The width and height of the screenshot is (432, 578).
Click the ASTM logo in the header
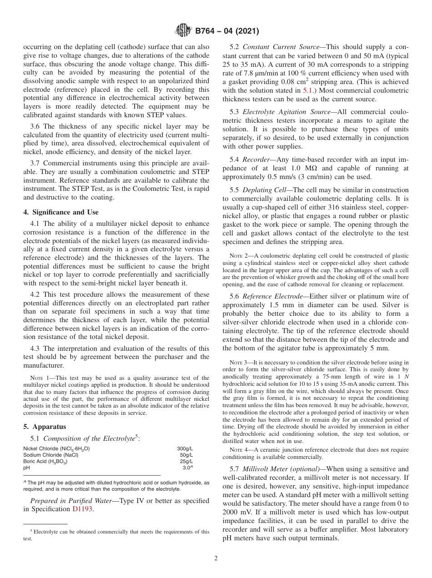pos(183,31)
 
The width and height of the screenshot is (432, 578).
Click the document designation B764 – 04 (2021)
pos(227,31)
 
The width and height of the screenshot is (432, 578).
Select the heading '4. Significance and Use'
pos(60,212)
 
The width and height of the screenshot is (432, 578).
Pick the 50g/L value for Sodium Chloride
pos(186,455)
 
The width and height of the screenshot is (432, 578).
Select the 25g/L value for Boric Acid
pos(186,461)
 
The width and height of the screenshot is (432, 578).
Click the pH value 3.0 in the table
pos(187,468)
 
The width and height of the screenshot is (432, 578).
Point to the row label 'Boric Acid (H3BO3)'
pos(45,461)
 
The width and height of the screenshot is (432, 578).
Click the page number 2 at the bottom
pos(216,558)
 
